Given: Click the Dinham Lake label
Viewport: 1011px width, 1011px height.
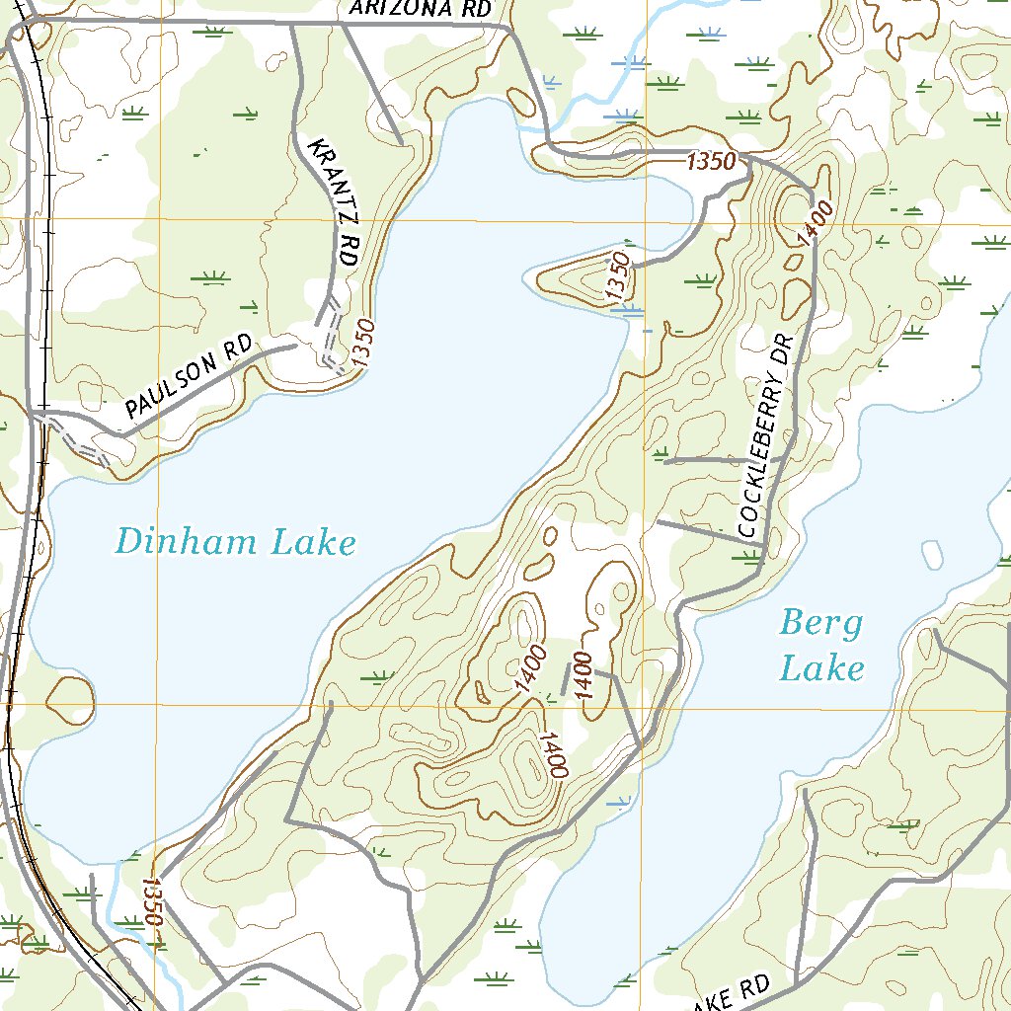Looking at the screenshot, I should point(235,542).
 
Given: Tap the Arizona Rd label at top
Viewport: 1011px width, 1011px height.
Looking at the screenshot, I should point(421,9).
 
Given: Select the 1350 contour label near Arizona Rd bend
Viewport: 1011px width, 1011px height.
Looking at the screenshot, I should point(712,162).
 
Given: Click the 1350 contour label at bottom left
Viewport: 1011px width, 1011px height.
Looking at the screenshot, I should point(150,901).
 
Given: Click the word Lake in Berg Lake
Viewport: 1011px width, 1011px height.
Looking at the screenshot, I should point(821,670).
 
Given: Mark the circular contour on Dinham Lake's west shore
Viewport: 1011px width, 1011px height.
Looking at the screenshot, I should point(71,698).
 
